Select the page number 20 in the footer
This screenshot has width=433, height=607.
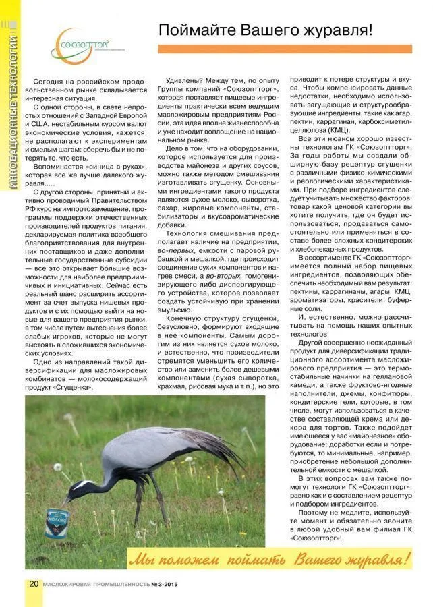pos(33,583)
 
